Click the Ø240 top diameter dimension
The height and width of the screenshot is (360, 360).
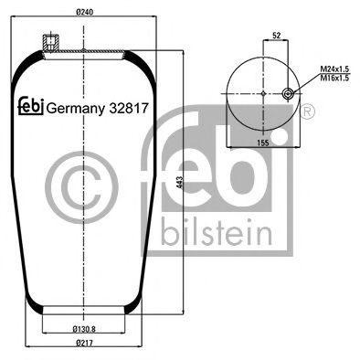point(84,13)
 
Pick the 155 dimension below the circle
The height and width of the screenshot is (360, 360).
point(263,143)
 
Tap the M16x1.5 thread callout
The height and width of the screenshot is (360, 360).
point(334,79)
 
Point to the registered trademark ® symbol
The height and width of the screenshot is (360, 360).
point(307,111)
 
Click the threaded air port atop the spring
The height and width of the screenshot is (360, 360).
point(49,42)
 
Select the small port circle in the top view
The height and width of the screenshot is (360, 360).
point(291,93)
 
